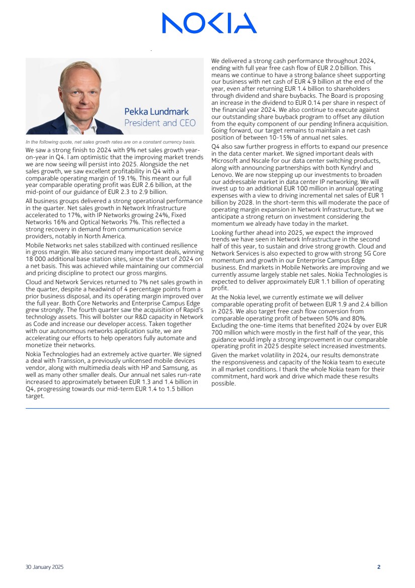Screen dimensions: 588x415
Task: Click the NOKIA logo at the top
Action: (x=209, y=23)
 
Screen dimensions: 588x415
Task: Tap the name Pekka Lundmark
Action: (x=156, y=112)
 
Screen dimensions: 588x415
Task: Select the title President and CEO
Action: (x=160, y=123)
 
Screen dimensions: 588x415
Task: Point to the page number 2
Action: (x=379, y=567)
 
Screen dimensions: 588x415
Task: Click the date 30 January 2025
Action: (x=45, y=567)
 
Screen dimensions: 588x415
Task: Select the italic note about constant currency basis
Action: (x=110, y=142)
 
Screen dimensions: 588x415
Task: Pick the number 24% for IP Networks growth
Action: (x=157, y=215)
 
